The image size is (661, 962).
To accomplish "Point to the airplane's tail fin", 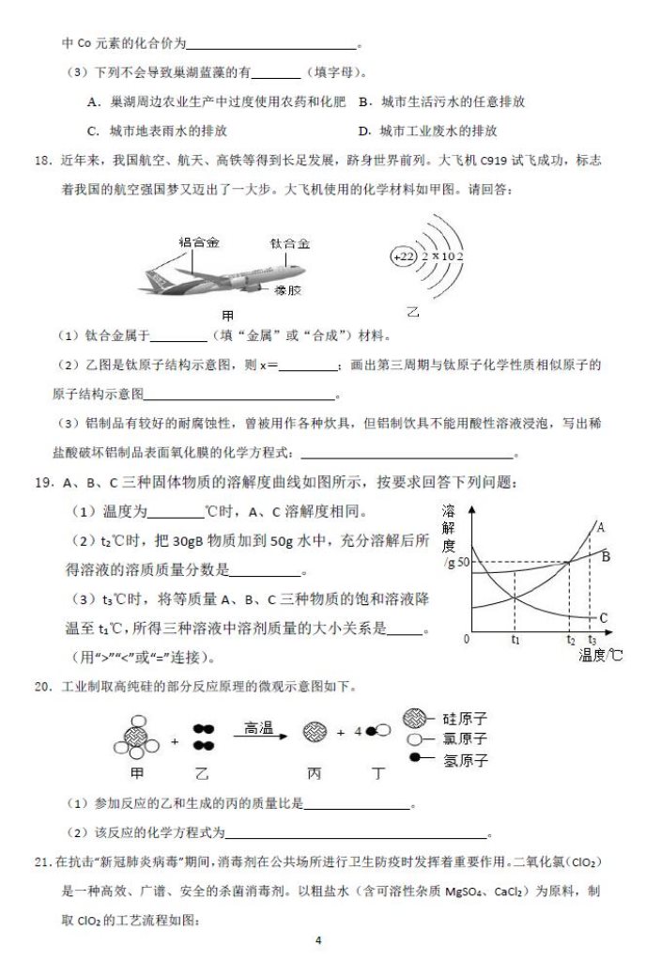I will tap(155, 278).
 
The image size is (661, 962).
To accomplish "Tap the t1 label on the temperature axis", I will tap(515, 640).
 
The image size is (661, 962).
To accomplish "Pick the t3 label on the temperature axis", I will tap(592, 640).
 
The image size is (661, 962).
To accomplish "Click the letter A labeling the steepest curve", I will tap(601, 528).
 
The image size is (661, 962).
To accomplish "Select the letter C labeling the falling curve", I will tap(603, 617).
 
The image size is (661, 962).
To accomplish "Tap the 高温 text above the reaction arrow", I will tap(258, 727).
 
